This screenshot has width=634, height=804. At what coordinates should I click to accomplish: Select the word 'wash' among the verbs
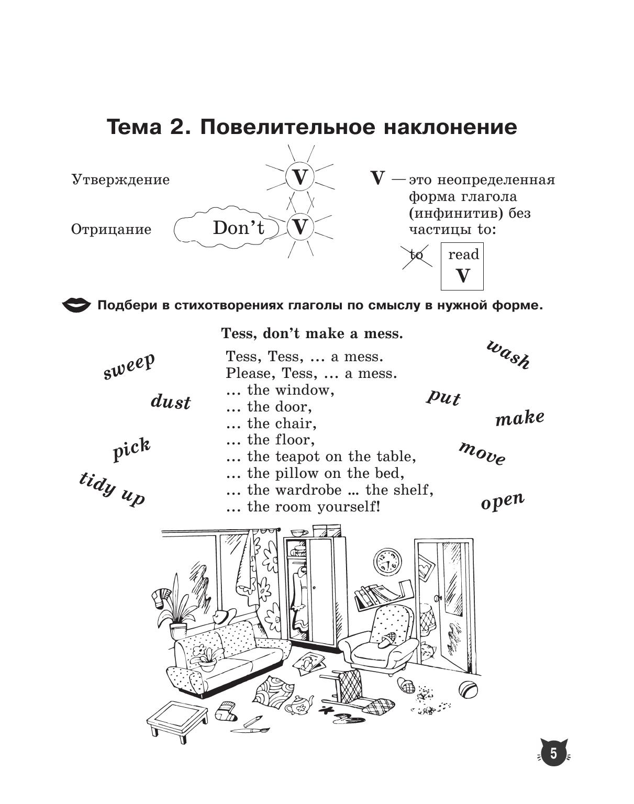tap(508, 354)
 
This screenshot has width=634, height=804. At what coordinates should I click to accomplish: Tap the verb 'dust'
tap(171, 402)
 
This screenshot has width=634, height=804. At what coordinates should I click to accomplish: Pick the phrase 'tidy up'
tap(112, 488)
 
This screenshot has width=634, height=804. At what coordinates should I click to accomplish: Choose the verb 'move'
tap(482, 453)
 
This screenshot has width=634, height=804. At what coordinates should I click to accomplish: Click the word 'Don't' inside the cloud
tap(239, 228)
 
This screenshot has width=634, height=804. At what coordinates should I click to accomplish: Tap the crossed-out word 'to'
tap(417, 255)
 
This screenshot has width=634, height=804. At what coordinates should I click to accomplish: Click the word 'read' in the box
tap(463, 255)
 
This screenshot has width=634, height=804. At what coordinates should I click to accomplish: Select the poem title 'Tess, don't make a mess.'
tap(312, 333)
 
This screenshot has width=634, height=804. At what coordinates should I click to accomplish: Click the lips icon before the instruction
tap(77, 305)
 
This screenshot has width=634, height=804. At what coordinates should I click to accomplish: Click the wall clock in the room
tap(387, 561)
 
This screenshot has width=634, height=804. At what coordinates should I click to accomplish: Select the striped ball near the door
tap(468, 689)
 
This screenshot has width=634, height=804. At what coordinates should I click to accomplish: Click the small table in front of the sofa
tap(176, 718)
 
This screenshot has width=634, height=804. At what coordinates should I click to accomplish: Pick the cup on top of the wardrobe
tap(299, 533)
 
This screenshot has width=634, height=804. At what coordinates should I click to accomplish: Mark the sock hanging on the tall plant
tap(160, 597)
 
